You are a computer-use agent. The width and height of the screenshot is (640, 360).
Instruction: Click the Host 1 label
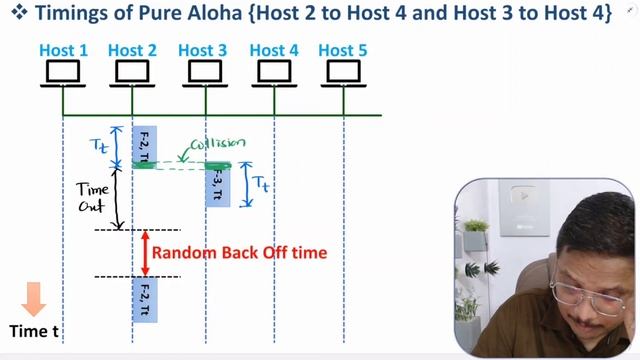tap(63, 50)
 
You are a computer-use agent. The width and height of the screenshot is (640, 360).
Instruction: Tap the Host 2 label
tap(132, 50)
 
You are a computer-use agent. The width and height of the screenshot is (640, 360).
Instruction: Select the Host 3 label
tap(202, 50)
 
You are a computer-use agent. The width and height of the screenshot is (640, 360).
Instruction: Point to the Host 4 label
tap(273, 50)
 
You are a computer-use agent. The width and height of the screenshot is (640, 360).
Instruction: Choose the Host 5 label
tap(343, 50)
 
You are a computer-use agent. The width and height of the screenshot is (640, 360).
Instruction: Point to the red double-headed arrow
tap(145, 253)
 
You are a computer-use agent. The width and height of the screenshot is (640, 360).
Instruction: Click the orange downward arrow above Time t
tap(33, 298)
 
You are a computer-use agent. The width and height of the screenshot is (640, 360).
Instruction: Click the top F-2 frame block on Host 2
tap(144, 146)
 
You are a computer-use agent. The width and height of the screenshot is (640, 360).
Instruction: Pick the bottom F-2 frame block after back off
tap(144, 300)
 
